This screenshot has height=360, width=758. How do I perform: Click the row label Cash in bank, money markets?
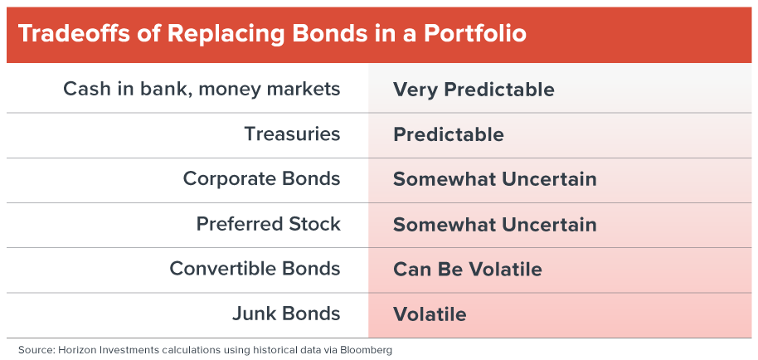(202, 90)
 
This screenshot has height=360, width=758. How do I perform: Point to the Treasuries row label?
(293, 134)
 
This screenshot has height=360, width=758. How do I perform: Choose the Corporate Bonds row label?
(261, 179)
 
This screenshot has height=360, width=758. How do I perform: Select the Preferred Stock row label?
(269, 224)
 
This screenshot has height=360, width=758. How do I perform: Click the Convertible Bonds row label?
(255, 269)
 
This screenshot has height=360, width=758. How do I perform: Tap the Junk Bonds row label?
(286, 314)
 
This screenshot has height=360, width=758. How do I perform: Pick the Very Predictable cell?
(474, 90)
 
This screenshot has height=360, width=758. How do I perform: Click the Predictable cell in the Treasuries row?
(449, 134)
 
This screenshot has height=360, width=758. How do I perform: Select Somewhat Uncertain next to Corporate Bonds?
(495, 179)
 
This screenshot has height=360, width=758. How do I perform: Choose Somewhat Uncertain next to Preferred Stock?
(495, 225)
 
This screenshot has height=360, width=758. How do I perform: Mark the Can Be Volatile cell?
(468, 269)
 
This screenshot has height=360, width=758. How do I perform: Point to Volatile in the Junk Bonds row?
(430, 314)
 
